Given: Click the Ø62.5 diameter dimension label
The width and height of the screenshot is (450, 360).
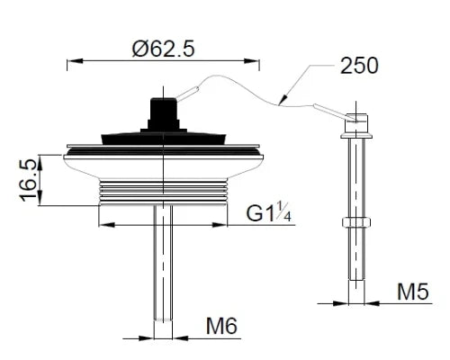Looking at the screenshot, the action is click(163, 49).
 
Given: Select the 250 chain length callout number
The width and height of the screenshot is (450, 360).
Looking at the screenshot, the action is click(359, 66).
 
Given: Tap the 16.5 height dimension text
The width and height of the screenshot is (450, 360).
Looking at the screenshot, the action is click(30, 180).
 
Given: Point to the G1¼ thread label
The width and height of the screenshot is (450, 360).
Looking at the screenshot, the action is click(268, 212).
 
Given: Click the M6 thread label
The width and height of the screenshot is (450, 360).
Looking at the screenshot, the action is click(221, 326).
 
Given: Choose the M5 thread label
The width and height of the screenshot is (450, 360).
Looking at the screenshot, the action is click(413, 292).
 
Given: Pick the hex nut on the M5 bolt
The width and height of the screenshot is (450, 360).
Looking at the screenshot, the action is click(356, 222).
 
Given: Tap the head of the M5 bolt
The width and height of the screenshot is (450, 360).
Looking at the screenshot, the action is click(356, 126).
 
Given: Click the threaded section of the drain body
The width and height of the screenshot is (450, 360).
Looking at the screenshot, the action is click(163, 193).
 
